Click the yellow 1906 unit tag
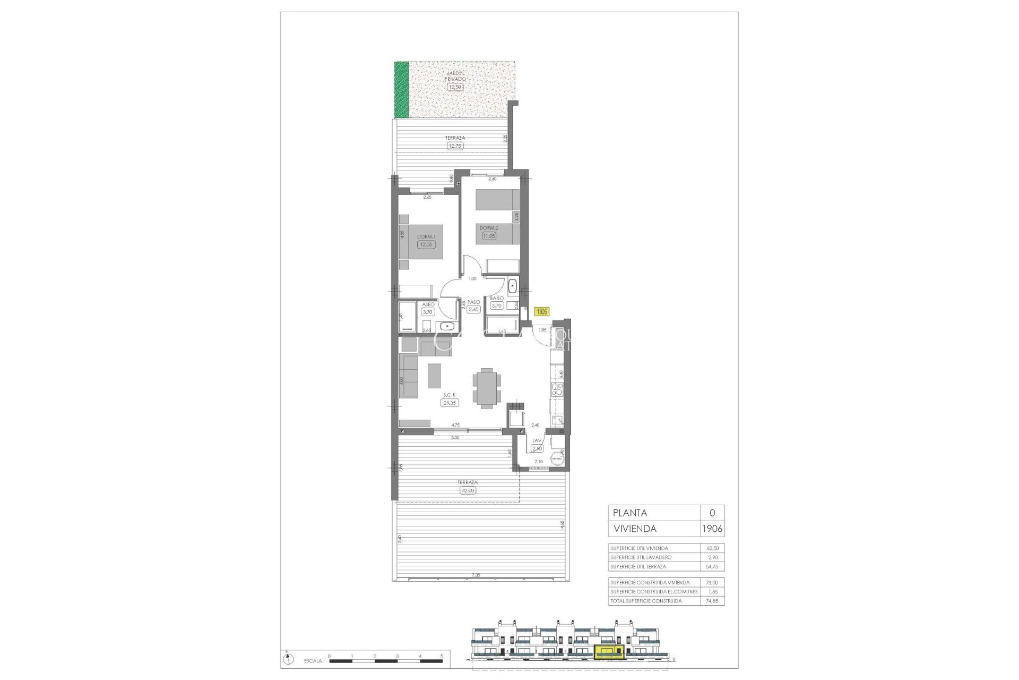[x=542, y=312]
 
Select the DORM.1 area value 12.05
[x=426, y=245]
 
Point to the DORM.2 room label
[x=488, y=228]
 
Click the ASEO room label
[x=428, y=304]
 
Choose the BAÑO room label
[x=496, y=299]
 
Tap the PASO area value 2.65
[x=474, y=309]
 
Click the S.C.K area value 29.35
[x=450, y=403]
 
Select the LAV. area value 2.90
[x=537, y=448]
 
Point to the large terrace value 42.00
[x=468, y=490]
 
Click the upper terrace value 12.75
[x=455, y=146]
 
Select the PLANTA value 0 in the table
[x=712, y=513]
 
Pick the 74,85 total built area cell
[x=712, y=601]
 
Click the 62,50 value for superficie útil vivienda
[x=712, y=548]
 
